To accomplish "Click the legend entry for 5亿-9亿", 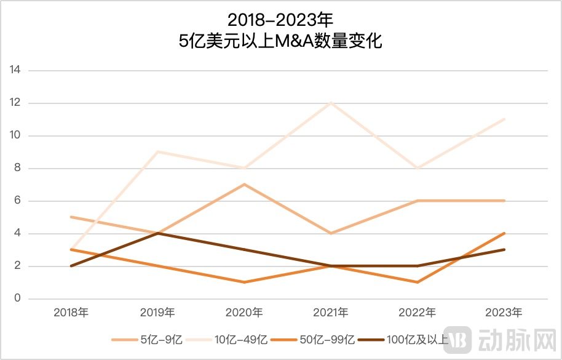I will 147,340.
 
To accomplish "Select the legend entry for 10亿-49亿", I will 234,340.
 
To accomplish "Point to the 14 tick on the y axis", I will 15,70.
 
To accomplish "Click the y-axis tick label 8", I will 18,168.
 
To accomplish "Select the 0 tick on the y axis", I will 18,299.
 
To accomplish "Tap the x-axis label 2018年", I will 71,313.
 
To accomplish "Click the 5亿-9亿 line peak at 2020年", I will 245,185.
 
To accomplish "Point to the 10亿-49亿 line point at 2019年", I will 158,151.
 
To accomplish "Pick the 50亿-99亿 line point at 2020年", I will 245,282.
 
